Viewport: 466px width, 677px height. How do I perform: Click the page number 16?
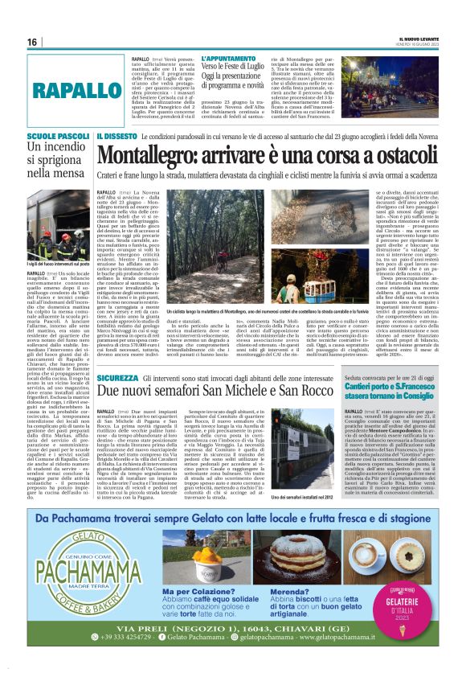pyautogui.click(x=32, y=42)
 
